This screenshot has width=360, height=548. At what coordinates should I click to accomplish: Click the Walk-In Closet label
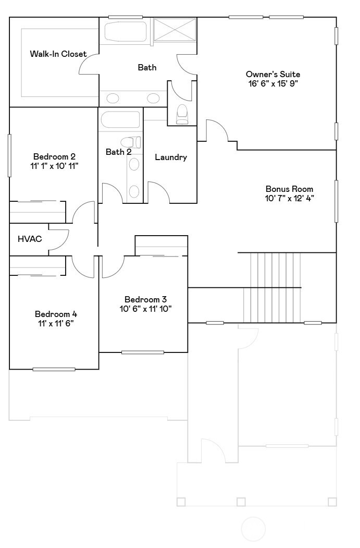pyautogui.click(x=58, y=54)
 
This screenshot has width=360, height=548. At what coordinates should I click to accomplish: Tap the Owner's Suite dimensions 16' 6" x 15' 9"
pyautogui.click(x=273, y=83)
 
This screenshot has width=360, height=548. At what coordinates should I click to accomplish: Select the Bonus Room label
pyautogui.click(x=289, y=189)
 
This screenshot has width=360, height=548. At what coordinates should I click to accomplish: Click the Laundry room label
pyautogui.click(x=171, y=157)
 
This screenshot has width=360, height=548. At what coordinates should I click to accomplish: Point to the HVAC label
pyautogui.click(x=30, y=239)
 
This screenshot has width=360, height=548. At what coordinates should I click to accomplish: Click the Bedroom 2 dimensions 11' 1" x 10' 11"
pyautogui.click(x=55, y=166)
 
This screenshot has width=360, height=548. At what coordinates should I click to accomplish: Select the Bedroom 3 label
pyautogui.click(x=145, y=299)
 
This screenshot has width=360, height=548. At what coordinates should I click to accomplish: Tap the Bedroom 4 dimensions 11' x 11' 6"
pyautogui.click(x=56, y=323)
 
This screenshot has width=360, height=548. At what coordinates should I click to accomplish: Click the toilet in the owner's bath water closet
pyautogui.click(x=182, y=114)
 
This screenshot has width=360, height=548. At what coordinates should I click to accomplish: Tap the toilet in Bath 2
pyautogui.click(x=130, y=142)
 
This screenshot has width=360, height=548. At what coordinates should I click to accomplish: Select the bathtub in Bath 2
pyautogui.click(x=120, y=120)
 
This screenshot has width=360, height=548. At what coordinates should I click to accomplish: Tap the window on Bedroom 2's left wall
pyautogui.click(x=9, y=155)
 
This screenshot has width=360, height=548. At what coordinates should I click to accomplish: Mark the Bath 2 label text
pyautogui.click(x=118, y=152)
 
